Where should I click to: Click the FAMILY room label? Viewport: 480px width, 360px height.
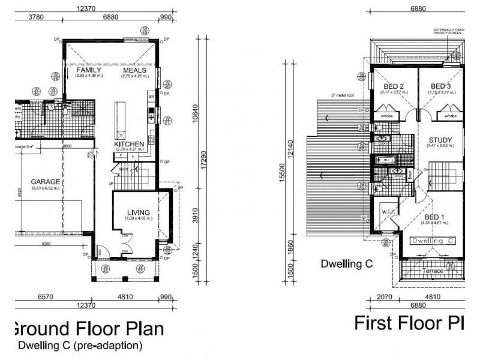point(88,70)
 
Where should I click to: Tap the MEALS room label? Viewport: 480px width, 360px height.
point(134,70)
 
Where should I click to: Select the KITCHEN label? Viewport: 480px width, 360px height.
point(129,144)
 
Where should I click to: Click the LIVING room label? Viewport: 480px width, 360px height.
point(138,211)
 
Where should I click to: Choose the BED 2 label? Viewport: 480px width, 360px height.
point(392,86)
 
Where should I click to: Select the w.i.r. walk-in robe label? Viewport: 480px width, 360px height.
point(388,212)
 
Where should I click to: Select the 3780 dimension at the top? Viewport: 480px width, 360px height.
point(38,17)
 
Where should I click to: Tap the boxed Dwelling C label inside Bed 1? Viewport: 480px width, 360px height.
point(433,241)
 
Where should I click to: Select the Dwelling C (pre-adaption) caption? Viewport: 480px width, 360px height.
point(80,346)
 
